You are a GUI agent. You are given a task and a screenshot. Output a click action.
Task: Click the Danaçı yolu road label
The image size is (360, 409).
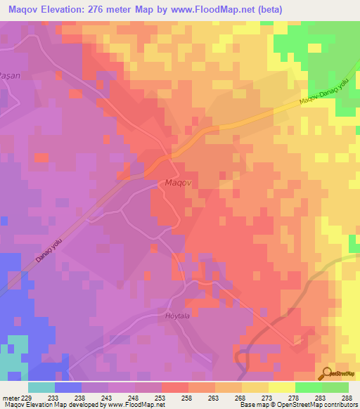coord(51,249)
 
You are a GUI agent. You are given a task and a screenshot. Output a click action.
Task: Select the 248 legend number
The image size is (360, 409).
coord(135,397)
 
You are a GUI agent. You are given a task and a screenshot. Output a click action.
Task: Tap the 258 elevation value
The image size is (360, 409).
coord(188,397)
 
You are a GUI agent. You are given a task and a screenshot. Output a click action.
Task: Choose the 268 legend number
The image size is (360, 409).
coord(241,397)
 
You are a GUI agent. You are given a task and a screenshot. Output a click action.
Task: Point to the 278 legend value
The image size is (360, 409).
coord(295,397)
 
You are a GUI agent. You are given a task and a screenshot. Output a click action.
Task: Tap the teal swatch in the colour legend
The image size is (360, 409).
coord(41,387)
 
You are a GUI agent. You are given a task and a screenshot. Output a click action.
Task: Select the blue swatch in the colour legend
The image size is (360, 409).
coord(68,387)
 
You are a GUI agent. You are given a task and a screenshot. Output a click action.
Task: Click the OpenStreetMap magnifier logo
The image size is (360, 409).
coord(327,373)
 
